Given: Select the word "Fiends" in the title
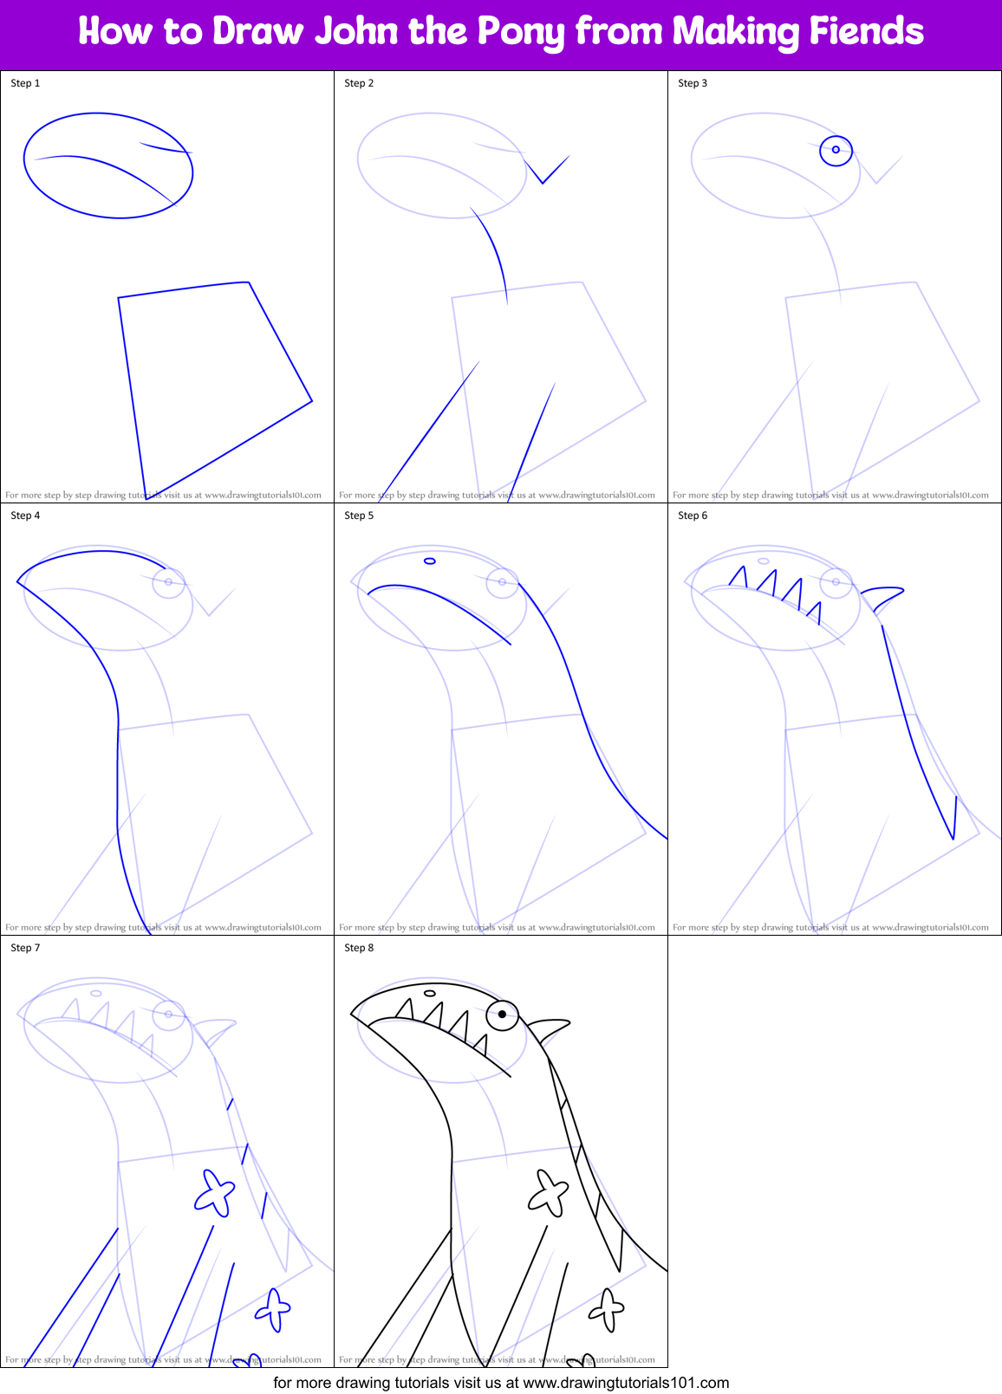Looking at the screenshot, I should point(866,32).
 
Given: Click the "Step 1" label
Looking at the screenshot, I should point(25,83).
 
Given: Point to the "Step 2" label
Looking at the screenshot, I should point(359,83).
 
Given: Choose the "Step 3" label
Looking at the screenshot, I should point(693,83).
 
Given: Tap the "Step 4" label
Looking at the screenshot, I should point(25,515).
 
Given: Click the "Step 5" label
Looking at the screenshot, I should point(359,515).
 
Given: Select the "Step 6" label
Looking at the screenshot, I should point(693,515).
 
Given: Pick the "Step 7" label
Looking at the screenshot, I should point(25,948).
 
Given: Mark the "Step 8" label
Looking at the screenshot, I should point(359,948).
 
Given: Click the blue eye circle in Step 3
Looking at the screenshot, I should point(836,150).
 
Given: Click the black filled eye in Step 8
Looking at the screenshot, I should point(502,1014).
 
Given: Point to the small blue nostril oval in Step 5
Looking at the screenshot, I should point(429,561).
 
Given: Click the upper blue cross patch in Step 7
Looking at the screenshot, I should point(214,1193).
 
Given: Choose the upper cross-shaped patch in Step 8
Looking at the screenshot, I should point(548,1193).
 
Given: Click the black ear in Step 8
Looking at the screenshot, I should point(548,1030).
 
